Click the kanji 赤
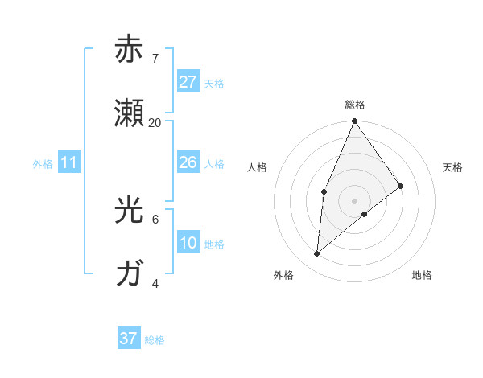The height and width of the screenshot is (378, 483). (129, 49)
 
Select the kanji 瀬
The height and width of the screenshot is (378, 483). (129, 113)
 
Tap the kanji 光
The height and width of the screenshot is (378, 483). (129, 210)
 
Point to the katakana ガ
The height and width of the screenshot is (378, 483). (129, 274)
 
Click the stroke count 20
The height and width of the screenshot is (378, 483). (155, 123)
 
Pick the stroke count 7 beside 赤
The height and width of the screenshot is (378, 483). (155, 59)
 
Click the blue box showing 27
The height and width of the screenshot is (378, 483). (188, 82)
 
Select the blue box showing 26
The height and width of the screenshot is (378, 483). (188, 162)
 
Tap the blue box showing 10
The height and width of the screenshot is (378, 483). (188, 243)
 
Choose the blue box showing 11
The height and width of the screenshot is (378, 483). (69, 162)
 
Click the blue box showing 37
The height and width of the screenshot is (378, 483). (128, 339)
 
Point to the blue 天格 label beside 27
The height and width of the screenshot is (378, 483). (214, 83)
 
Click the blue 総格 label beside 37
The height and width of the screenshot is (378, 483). (155, 340)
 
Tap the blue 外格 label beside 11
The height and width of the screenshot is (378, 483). (43, 163)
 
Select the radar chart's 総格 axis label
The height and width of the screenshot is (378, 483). (354, 105)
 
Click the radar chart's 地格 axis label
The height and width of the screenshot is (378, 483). (422, 275)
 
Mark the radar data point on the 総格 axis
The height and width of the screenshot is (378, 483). (354, 121)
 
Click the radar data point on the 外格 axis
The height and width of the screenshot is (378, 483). (317, 254)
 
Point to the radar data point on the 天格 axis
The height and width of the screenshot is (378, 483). (401, 186)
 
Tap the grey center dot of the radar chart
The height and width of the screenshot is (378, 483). (354, 200)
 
